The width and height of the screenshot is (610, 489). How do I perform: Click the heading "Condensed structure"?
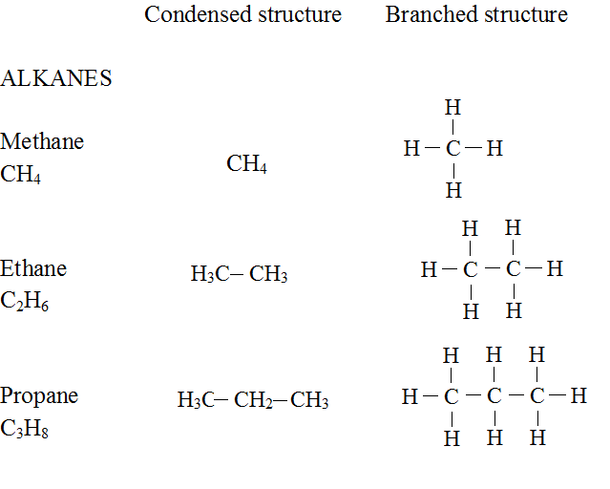click(242, 15)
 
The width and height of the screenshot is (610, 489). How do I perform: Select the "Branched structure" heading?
click(476, 15)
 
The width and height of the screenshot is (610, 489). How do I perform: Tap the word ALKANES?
click(56, 79)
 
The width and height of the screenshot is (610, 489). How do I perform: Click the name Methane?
click(42, 141)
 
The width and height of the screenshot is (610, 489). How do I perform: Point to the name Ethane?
click(33, 268)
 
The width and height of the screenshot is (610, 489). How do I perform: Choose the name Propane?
click(39, 395)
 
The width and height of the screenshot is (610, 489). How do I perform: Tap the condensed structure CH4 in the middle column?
click(246, 164)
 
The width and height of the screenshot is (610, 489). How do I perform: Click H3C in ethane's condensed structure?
click(208, 276)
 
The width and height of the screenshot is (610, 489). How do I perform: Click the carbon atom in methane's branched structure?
click(453, 149)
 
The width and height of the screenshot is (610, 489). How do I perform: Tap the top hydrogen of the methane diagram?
click(453, 108)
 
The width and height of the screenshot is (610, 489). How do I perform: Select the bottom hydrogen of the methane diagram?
click(453, 190)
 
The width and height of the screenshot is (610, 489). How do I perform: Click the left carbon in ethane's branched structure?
click(470, 270)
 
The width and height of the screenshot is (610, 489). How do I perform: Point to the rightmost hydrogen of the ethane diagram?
click(555, 269)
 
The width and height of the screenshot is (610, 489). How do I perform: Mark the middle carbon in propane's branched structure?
click(494, 396)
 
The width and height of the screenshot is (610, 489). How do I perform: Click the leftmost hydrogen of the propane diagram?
click(410, 396)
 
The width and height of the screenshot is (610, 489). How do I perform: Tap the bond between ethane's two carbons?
click(492, 270)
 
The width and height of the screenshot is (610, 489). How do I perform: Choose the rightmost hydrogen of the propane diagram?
click(578, 396)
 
